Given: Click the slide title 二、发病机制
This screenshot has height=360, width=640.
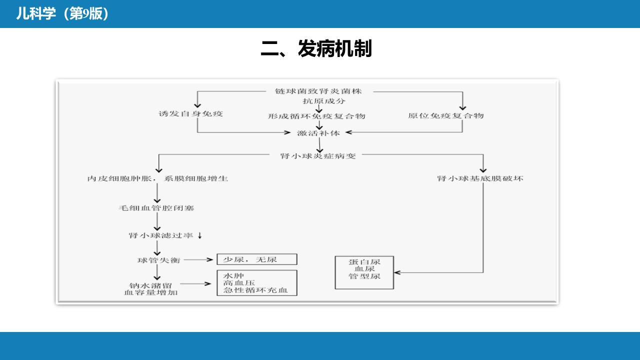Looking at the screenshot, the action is (x=316, y=48).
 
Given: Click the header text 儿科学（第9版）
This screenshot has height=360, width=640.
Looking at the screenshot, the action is (x=62, y=13).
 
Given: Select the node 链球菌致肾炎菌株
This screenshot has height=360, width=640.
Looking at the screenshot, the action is (x=318, y=91).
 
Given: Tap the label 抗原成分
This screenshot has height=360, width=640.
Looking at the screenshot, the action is (x=324, y=101).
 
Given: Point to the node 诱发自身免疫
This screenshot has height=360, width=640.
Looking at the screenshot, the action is (x=190, y=113).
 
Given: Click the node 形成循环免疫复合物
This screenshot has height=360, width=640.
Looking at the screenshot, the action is (x=316, y=116).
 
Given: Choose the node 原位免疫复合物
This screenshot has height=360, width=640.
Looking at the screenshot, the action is (x=445, y=115).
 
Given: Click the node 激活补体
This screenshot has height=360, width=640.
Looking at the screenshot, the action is (x=318, y=133).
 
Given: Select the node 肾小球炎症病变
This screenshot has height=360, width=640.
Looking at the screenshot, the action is (x=317, y=155).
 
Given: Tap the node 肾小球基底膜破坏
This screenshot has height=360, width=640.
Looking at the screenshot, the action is (x=480, y=178).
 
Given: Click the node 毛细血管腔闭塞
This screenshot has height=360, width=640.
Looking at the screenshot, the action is (x=156, y=207).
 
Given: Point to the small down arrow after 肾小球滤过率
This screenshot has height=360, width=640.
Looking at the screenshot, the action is (x=200, y=235).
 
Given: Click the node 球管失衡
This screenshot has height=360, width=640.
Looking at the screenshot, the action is (x=159, y=260).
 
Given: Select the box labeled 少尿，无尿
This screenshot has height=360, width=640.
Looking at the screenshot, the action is (x=257, y=259).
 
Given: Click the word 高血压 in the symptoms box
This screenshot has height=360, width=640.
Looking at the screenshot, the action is (x=239, y=283).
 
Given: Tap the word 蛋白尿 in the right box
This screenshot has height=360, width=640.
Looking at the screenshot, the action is (x=364, y=261).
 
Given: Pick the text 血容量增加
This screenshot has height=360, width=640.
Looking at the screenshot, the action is (x=151, y=292).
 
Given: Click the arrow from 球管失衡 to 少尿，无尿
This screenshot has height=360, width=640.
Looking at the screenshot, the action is (x=198, y=259).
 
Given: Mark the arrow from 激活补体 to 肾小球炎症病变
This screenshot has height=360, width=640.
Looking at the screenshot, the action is (x=319, y=145).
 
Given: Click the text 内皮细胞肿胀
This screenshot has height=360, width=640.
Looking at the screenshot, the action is (x=119, y=178).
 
